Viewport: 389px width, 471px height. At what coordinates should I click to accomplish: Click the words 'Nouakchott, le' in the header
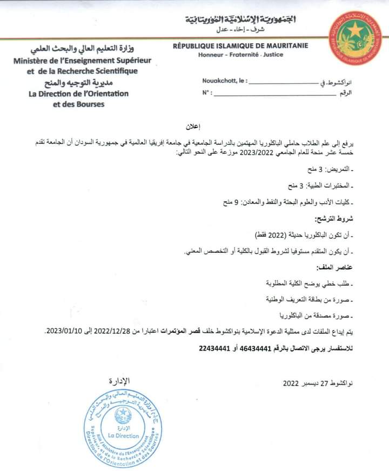tap(225, 80)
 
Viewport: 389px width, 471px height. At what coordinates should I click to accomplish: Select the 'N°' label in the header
tap(206, 93)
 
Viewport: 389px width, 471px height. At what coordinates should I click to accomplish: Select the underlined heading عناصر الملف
tap(332, 267)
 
